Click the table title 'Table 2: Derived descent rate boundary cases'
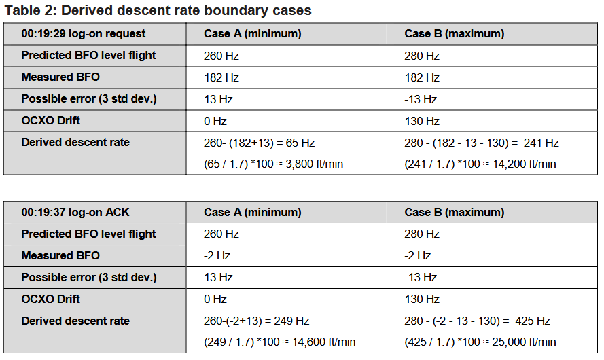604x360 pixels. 158,10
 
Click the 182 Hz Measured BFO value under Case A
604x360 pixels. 221,78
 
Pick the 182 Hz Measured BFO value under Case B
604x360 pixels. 422,78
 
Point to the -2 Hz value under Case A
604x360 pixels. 217,255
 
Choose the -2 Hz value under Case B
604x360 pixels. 418,255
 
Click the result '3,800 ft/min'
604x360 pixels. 315,164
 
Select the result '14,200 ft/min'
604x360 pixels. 525,164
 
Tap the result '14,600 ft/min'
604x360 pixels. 323,342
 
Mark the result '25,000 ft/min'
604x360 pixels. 524,342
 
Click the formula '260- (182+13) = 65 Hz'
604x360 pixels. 260,143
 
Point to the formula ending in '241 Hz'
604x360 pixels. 482,143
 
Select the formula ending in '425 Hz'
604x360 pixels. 477,321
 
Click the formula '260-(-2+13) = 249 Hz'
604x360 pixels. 257,321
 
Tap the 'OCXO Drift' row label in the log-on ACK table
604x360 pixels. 50,299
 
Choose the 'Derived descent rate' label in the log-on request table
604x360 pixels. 75,143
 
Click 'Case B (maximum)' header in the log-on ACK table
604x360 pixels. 454,212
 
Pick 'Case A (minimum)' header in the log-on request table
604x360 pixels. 252,34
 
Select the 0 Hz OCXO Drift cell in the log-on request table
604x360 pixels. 215,122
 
